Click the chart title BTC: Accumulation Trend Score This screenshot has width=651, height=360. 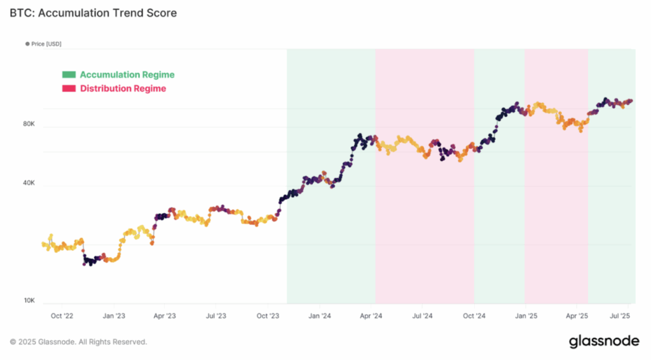[x=93, y=13]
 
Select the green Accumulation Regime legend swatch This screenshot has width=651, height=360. [x=69, y=75]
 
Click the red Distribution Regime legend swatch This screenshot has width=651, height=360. [x=69, y=88]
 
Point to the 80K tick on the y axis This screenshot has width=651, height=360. [x=29, y=125]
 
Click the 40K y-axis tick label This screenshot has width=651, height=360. [x=29, y=183]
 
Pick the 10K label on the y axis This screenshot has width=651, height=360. [x=29, y=301]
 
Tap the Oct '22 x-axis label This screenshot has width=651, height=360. [x=62, y=315]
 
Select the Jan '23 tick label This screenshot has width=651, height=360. [x=113, y=315]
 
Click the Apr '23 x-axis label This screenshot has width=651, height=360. [x=165, y=315]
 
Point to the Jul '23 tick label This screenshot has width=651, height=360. [x=217, y=315]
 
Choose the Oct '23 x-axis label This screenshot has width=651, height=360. [x=268, y=315]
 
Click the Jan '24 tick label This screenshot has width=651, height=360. [x=320, y=315]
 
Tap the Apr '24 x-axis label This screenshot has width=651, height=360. [x=371, y=315]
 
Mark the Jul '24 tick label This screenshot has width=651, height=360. [x=423, y=315]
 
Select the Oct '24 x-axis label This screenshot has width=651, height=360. [x=474, y=315]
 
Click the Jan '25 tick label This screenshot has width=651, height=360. [x=526, y=315]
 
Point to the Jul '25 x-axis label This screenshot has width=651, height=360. [x=620, y=315]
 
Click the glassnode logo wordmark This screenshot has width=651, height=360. [x=604, y=342]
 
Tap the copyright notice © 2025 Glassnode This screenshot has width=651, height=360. [x=79, y=342]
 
